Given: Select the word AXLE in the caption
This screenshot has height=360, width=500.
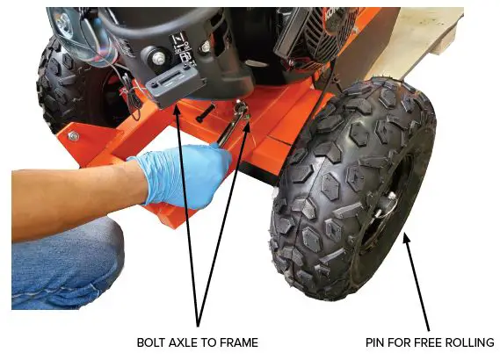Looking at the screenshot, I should click(x=188, y=342).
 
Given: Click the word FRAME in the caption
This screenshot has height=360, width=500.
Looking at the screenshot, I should click(x=239, y=342).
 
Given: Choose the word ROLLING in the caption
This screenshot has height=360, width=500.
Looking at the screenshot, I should click(x=467, y=342).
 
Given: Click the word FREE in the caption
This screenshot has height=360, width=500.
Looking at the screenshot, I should click(x=427, y=342).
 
